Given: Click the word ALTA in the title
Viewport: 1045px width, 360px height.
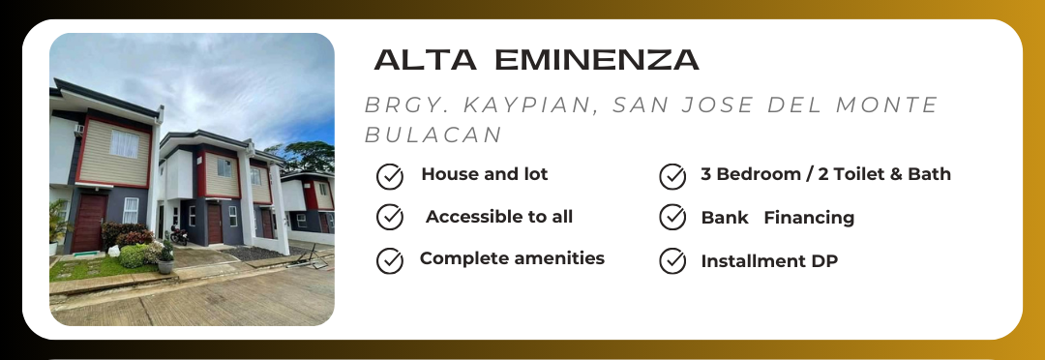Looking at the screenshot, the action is (425, 59).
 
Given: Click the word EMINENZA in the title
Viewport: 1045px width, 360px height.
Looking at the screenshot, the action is (597, 59).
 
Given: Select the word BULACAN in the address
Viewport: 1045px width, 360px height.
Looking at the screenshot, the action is (433, 135).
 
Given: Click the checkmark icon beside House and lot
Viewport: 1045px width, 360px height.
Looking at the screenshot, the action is (390, 177).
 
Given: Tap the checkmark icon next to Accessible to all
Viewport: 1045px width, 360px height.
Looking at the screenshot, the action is (390, 218).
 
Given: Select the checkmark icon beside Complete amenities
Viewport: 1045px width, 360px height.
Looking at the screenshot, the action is (390, 260).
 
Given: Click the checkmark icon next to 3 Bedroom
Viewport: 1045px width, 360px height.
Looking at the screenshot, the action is (672, 177).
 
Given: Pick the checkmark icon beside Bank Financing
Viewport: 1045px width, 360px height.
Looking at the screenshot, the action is (672, 218).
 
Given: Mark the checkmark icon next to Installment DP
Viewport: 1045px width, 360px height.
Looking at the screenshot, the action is (672, 260).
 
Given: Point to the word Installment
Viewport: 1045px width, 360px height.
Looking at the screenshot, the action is (753, 260).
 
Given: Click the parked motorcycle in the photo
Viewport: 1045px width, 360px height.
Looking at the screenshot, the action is (179, 234).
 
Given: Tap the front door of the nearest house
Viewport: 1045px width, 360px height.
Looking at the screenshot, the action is (89, 223).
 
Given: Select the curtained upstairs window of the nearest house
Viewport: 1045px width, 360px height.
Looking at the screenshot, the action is (124, 144).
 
